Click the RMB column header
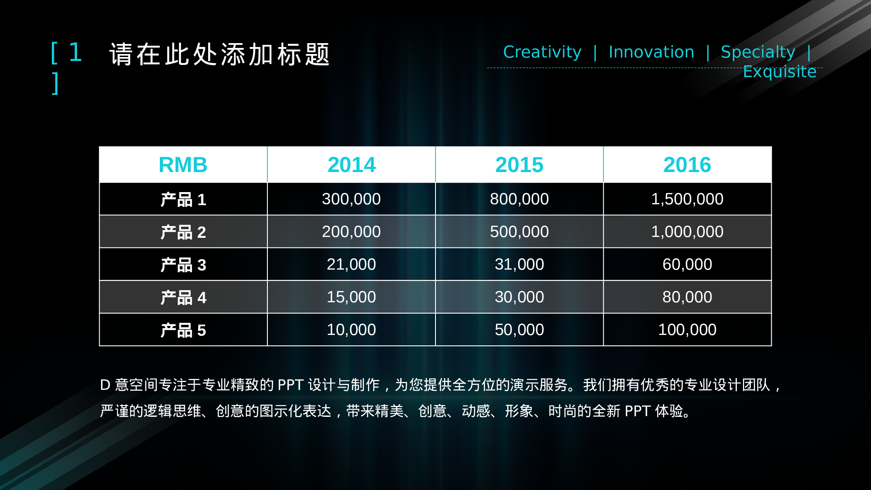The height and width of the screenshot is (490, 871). click(183, 165)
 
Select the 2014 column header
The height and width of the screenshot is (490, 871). click(351, 165)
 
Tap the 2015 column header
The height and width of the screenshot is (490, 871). click(519, 165)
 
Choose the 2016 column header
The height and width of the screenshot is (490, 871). click(687, 165)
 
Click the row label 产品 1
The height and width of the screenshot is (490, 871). click(183, 199)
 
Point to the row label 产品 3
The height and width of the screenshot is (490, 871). click(183, 265)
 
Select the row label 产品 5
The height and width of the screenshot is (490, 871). click(183, 330)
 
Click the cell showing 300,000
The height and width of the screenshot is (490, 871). click(351, 199)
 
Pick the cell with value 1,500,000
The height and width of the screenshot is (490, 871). click(687, 199)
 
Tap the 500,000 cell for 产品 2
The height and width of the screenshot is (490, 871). click(519, 232)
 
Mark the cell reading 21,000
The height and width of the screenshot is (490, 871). click(351, 264)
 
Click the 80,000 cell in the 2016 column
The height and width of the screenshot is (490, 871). click(687, 297)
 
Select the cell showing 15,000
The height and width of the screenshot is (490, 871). click(351, 297)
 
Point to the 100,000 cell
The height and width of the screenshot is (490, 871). click(687, 330)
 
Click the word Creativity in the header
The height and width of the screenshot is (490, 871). click(542, 52)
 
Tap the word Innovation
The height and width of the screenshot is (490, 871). click(652, 52)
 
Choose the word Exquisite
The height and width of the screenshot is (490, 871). click(780, 71)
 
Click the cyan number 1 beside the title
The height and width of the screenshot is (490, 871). click(76, 52)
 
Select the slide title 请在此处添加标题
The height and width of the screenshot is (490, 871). click(220, 54)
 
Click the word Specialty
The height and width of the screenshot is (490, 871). click(758, 52)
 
